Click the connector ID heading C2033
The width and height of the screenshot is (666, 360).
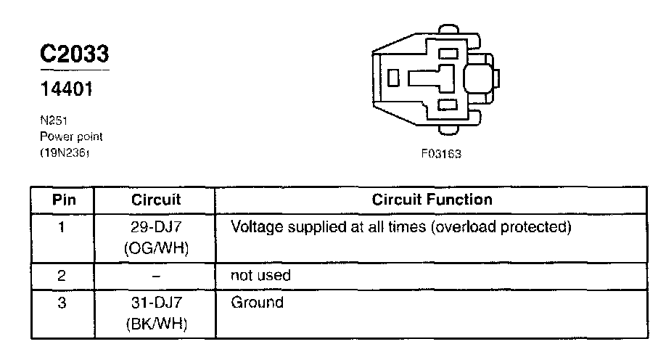pos(75,54)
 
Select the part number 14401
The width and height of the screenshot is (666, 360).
pos(65,92)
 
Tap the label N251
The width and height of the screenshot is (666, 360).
pos(52,121)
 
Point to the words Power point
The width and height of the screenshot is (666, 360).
pos(71,136)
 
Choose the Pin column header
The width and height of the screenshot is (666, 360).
pos(62,200)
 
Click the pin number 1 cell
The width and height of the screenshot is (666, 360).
pos(62,227)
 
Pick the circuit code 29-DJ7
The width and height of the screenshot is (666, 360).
pos(157,227)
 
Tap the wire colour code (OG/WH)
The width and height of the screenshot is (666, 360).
pos(157,249)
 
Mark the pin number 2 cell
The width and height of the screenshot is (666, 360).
pos(62,276)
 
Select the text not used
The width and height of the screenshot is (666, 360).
pos(260,276)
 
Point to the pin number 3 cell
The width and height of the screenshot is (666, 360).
pos(62,303)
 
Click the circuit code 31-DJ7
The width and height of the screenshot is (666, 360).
pos(157,303)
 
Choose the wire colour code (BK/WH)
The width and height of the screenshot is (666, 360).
pos(157,324)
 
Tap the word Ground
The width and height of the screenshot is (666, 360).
pos(257,303)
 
